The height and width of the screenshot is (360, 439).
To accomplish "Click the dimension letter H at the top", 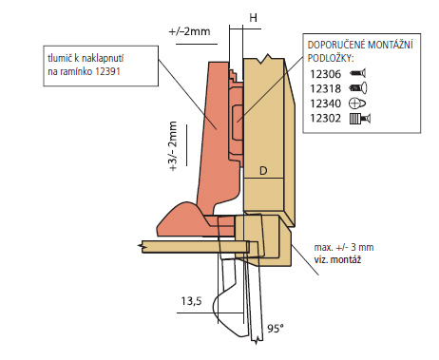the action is click(x=253, y=18).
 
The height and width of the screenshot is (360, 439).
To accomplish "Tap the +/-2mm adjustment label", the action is click(x=189, y=31).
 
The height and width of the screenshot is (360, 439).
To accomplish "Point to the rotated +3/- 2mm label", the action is click(x=173, y=146).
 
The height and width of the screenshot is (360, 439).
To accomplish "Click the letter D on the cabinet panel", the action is click(x=263, y=171).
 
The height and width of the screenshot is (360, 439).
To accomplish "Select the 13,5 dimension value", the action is click(x=191, y=301).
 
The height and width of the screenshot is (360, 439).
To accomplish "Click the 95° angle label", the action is click(x=276, y=329).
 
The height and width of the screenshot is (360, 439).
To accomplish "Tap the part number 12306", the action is click(x=325, y=74).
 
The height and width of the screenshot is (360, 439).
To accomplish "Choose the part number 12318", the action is click(x=325, y=88).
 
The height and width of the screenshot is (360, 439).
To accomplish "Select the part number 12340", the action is click(x=325, y=104).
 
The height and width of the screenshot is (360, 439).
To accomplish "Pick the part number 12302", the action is click(x=325, y=119).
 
